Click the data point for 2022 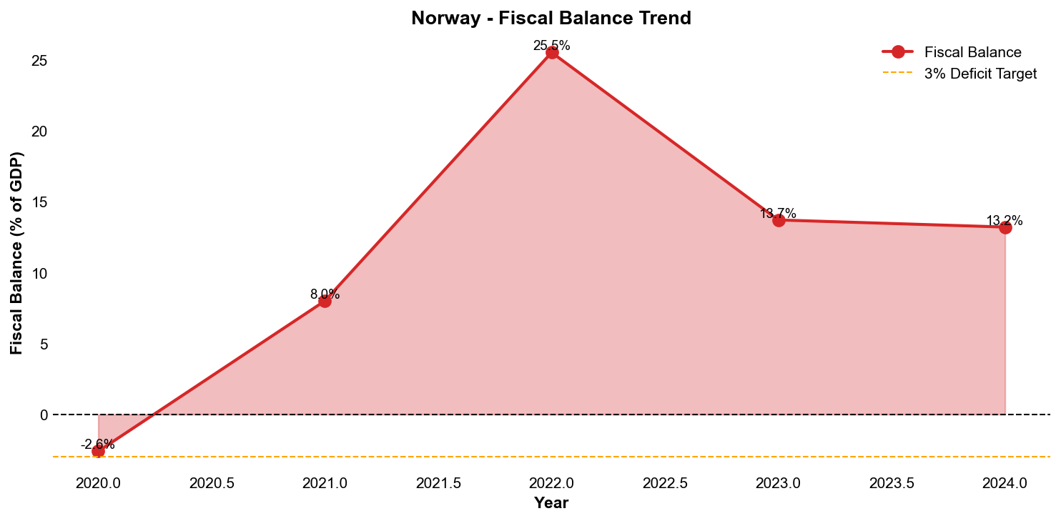pos(552,53)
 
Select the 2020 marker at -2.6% pos(98,451)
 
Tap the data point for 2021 pos(325,301)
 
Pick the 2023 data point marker pos(779,220)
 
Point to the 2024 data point pos(1005,227)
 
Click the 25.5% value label pos(552,46)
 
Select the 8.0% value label pos(325,294)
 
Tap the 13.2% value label pos(1005,220)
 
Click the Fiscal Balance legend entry pos(972,52)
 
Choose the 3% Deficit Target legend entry pos(980,74)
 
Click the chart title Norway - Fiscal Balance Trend pos(551,18)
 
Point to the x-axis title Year pos(551,503)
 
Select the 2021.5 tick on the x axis pos(438,483)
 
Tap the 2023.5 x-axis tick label pos(892,483)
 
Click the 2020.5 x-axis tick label pos(212,483)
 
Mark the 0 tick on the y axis pos(44,415)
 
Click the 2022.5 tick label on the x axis pos(665,483)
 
